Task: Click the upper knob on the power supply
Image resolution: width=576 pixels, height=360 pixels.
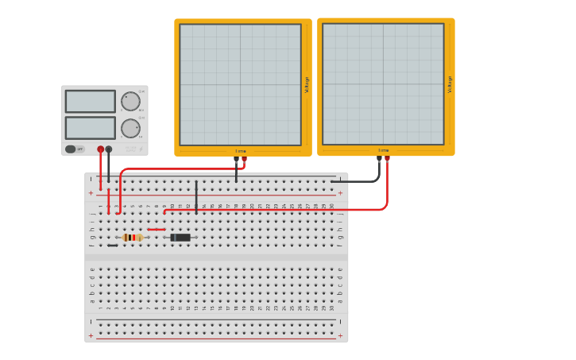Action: (x=130, y=101)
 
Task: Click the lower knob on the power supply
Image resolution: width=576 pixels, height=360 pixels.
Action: (x=130, y=128)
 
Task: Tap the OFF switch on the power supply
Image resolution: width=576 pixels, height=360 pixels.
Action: (x=75, y=149)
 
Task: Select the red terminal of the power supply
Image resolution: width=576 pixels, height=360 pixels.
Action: (x=100, y=149)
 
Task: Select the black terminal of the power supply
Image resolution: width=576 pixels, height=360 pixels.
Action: (x=109, y=149)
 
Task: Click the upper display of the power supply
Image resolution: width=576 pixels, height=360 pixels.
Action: (x=90, y=101)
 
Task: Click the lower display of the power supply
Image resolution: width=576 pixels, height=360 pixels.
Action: (x=90, y=127)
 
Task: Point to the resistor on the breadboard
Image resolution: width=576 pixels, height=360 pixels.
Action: (x=132, y=237)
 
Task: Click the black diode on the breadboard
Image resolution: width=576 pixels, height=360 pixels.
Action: (x=180, y=237)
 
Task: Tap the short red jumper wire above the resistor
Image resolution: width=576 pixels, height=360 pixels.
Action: (x=157, y=229)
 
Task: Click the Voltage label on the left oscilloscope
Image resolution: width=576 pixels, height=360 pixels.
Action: (x=307, y=85)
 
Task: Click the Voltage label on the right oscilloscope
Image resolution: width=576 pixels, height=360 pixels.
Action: (x=450, y=84)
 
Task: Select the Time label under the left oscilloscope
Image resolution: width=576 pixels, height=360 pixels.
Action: (x=240, y=150)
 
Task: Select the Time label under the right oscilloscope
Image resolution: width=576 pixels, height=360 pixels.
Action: (x=383, y=149)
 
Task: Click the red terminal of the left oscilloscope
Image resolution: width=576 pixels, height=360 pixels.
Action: (x=244, y=159)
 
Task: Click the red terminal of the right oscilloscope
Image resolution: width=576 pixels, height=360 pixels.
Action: (x=387, y=159)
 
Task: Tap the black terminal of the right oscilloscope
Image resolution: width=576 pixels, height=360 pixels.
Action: (x=379, y=159)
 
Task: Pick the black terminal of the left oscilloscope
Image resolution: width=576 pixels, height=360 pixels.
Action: (x=236, y=159)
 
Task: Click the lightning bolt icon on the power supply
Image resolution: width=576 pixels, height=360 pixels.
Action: (x=141, y=149)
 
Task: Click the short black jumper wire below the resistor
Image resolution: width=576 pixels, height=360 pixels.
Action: (x=113, y=245)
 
